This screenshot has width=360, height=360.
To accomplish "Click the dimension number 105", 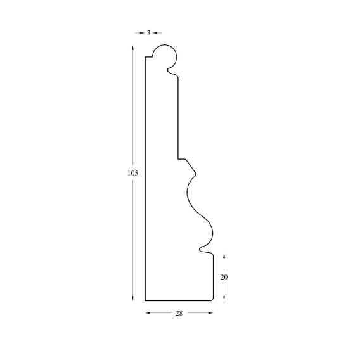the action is (x=132, y=173).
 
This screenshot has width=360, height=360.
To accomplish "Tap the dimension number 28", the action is (x=179, y=313).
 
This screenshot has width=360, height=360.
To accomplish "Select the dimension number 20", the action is (x=224, y=277).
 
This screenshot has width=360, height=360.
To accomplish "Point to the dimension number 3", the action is (x=148, y=33).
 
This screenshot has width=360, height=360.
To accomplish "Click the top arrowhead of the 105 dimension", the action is (x=132, y=48).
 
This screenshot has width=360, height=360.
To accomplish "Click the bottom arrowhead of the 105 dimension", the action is (x=132, y=298).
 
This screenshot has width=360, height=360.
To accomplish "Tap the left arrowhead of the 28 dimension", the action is (x=148, y=312).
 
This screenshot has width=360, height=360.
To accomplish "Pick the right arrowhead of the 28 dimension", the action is (x=210, y=312).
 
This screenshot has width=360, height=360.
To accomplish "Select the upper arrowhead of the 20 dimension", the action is (x=224, y=256).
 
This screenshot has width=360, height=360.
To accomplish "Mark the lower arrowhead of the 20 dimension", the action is (x=224, y=298).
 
